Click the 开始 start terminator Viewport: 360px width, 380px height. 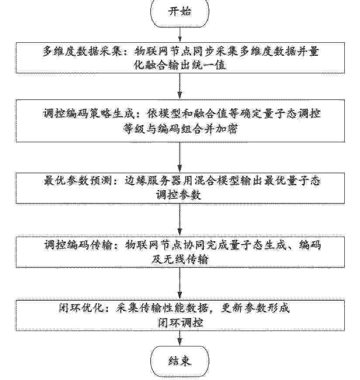point(180,12)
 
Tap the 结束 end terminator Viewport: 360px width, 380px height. point(180,361)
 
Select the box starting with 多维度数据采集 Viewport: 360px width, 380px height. point(180,58)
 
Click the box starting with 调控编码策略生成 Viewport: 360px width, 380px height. point(180,121)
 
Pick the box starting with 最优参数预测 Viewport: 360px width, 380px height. point(180,188)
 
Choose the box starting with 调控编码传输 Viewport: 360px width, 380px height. point(180,252)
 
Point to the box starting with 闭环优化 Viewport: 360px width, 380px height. point(180,315)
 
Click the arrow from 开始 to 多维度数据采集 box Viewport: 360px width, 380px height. point(180,34)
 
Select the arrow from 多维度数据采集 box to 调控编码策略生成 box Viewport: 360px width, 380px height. point(180,86)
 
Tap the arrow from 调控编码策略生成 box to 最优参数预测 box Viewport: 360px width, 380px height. point(180,157)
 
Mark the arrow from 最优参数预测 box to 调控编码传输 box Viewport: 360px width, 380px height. point(180,220)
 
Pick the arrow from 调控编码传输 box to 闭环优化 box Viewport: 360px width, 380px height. point(180,284)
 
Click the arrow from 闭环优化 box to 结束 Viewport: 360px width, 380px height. point(180,338)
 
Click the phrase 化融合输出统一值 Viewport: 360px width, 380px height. point(180,65)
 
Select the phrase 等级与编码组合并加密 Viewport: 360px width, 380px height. point(180,129)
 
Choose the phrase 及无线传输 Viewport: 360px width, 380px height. point(180,260)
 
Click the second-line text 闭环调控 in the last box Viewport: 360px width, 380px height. point(180,323)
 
